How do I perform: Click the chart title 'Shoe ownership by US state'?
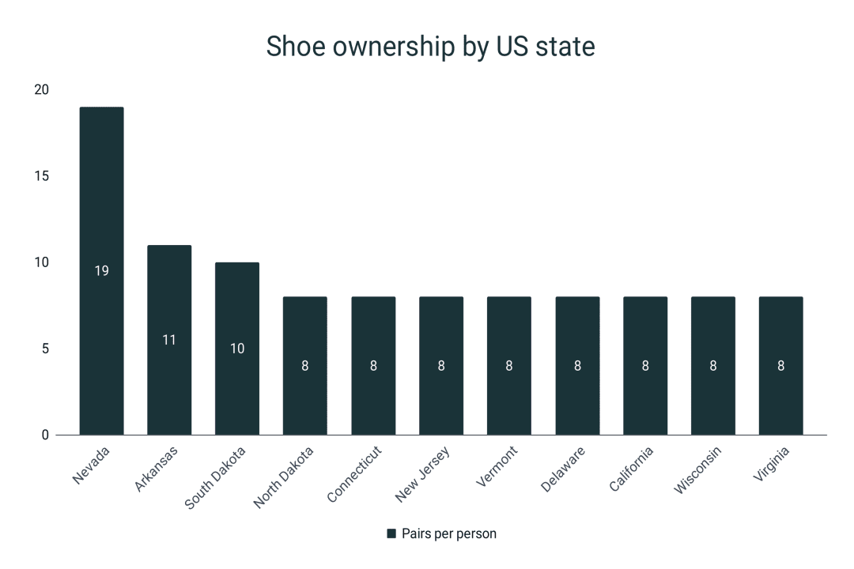click(x=430, y=47)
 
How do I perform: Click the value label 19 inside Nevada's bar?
click(x=101, y=270)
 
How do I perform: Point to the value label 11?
click(x=169, y=340)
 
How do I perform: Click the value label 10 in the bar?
click(x=237, y=348)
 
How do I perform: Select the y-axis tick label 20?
click(x=41, y=90)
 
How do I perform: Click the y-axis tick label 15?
click(x=41, y=176)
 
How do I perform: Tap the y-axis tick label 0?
click(x=45, y=435)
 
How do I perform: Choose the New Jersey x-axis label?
click(x=423, y=473)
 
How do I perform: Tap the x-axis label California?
click(x=631, y=469)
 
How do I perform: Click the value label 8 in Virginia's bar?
click(x=781, y=366)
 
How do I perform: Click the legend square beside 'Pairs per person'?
click(x=391, y=533)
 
